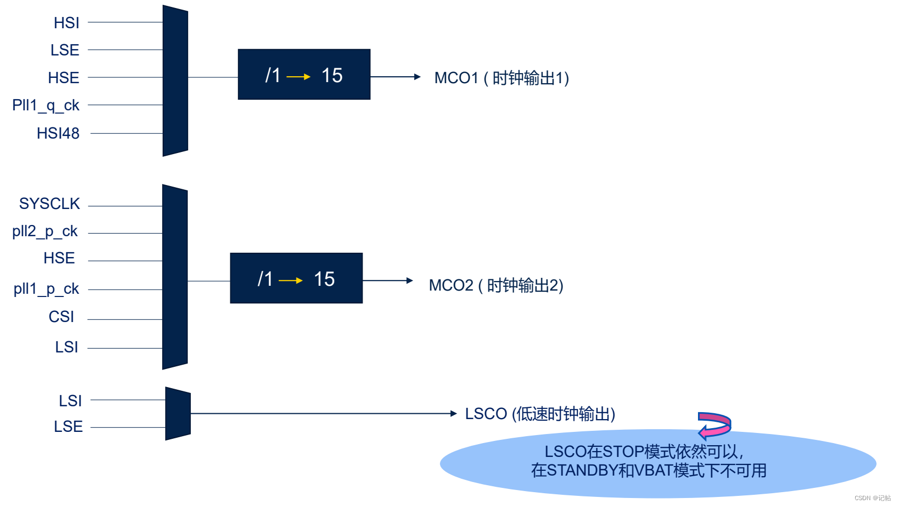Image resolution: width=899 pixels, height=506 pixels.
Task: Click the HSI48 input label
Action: (58, 133)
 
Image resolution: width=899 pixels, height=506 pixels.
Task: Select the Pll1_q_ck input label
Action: (46, 106)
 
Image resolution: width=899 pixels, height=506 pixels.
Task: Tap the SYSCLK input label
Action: (50, 204)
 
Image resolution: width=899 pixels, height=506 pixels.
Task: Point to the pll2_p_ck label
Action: (45, 231)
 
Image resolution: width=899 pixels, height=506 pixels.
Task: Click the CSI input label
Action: (61, 317)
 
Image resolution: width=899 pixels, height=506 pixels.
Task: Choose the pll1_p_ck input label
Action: (46, 289)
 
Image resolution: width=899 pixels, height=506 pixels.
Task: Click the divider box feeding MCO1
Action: (304, 75)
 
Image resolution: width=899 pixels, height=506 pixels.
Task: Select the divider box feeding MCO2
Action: (296, 278)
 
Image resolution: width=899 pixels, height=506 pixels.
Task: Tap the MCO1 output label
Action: (501, 78)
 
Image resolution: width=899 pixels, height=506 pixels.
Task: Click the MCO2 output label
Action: (496, 285)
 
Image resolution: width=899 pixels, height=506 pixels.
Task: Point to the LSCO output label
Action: (540, 414)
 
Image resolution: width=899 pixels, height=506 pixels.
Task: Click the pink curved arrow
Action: (715, 424)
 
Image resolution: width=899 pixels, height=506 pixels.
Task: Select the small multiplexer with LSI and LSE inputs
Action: (178, 414)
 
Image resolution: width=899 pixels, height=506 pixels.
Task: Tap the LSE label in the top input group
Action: (65, 50)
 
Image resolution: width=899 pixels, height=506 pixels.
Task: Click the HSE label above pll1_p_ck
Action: (59, 258)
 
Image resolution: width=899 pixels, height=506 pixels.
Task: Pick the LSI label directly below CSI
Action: (67, 347)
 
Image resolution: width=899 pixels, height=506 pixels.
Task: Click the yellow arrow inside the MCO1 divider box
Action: (299, 77)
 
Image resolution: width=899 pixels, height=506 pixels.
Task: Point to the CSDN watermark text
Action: (872, 498)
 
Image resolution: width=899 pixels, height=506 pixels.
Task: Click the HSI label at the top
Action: (67, 23)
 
